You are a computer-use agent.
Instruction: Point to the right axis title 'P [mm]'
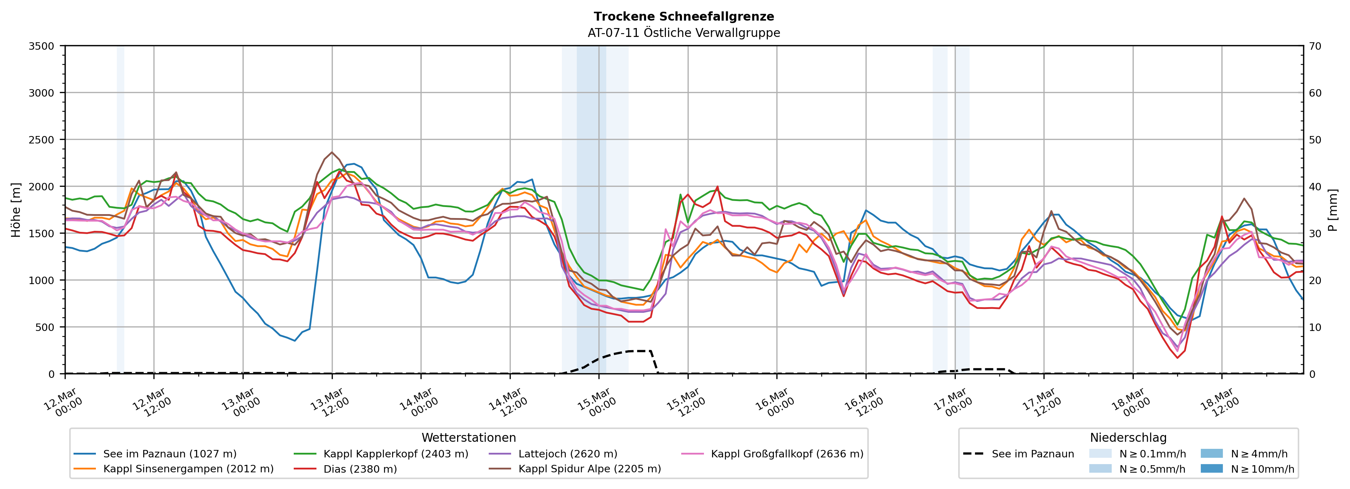click(x=1333, y=210)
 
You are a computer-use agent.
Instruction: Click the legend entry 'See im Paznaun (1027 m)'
click(x=170, y=454)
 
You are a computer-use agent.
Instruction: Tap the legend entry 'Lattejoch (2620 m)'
click(x=568, y=454)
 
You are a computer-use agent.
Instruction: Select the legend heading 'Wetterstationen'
click(x=468, y=438)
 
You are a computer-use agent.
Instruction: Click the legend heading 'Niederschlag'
click(x=1128, y=438)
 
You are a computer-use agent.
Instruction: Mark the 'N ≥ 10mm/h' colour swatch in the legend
click(x=1211, y=468)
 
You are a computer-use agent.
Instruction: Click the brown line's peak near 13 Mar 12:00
click(x=332, y=152)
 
